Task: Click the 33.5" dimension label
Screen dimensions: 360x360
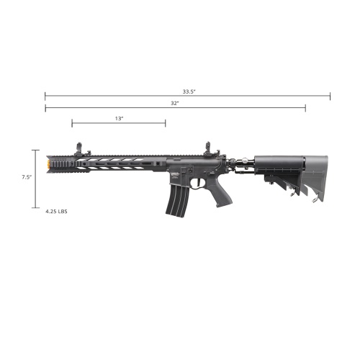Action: (x=189, y=91)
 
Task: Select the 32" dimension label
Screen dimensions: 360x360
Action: (x=175, y=104)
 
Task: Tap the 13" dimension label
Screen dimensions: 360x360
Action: (x=119, y=119)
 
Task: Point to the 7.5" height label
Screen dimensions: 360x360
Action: (x=27, y=177)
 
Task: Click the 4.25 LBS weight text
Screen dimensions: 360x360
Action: (x=56, y=212)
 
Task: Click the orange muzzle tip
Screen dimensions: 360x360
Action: (x=48, y=164)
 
